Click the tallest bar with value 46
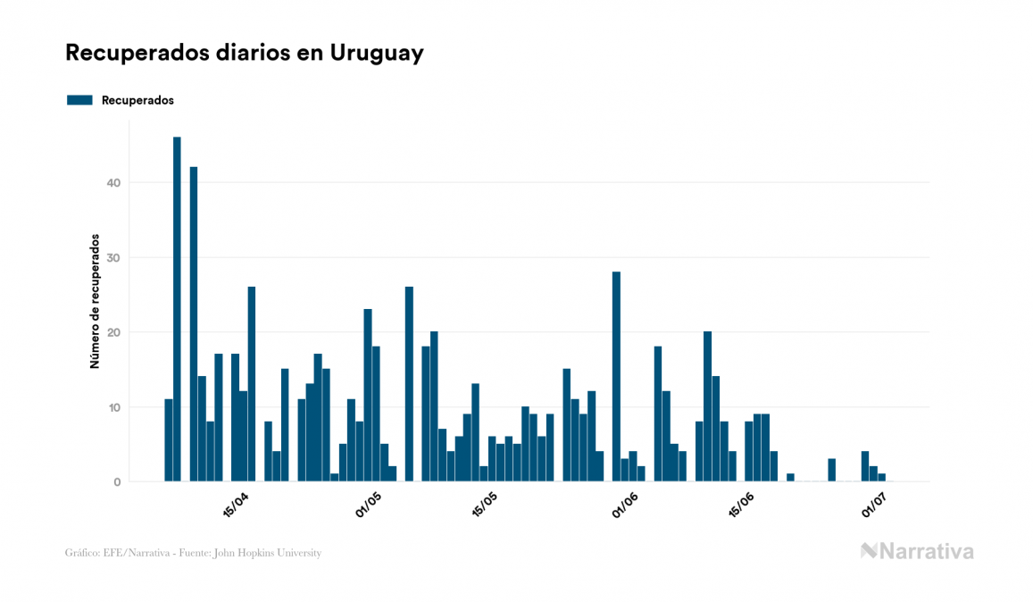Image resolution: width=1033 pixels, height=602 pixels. click(x=177, y=308)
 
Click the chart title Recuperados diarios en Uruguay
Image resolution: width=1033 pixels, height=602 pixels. click(x=244, y=53)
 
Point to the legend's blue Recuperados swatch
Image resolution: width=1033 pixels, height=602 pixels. click(x=79, y=100)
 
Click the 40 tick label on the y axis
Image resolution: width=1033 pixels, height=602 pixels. click(x=113, y=183)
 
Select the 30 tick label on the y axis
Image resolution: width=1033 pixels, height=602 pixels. click(x=113, y=258)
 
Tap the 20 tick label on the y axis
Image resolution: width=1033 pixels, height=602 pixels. click(x=113, y=332)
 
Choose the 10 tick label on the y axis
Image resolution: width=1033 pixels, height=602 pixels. click(x=113, y=407)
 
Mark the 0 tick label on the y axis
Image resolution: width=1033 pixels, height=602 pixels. click(x=117, y=482)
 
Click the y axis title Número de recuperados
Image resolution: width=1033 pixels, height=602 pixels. click(x=94, y=302)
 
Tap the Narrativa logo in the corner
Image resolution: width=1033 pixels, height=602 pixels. click(x=917, y=551)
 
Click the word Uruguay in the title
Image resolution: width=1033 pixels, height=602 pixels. click(x=377, y=53)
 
